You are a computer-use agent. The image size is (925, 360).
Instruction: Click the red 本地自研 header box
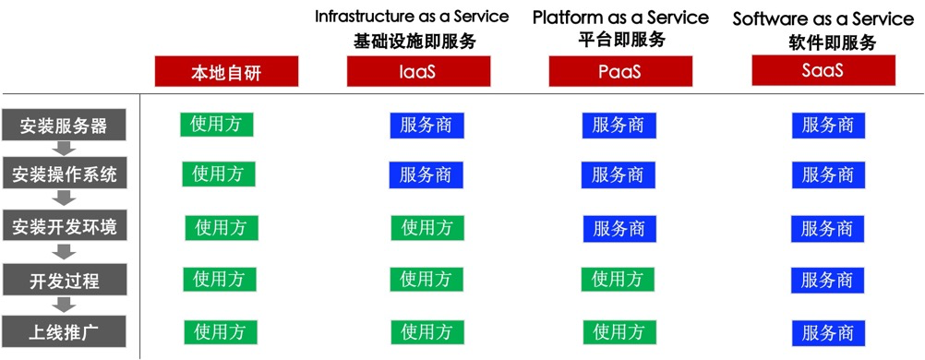coord(226,72)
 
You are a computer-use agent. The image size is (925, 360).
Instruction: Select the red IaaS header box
coord(418,72)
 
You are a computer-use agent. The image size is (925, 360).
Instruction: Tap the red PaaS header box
coord(620,72)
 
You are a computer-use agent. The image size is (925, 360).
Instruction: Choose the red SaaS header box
coord(823,70)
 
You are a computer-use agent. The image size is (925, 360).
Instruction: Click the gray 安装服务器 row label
coord(64,126)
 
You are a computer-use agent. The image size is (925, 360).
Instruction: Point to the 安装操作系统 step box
coord(64,174)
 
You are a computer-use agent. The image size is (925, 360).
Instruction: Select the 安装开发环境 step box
coord(64,227)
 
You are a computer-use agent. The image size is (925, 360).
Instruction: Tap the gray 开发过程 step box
coord(64,279)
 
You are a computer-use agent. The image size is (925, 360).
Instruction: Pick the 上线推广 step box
coord(64,331)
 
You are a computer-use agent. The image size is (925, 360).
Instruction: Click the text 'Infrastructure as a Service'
coord(412,17)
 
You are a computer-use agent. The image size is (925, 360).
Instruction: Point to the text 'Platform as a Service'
coord(620,18)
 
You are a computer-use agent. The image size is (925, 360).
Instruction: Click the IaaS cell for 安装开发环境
coord(427,228)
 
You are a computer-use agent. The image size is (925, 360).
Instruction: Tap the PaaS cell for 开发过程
coord(617,279)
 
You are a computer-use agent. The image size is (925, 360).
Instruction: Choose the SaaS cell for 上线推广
coord(828,332)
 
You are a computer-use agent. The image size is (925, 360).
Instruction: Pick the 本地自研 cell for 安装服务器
coord(217,124)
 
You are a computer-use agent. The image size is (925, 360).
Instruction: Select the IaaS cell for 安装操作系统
coord(426,175)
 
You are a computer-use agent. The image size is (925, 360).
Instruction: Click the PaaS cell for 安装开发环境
coord(620,229)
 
